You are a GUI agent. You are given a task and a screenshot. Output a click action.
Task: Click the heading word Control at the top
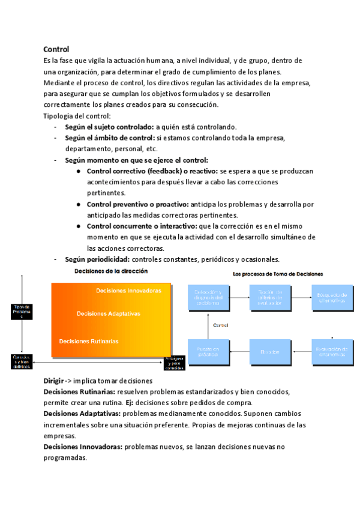(x=56, y=49)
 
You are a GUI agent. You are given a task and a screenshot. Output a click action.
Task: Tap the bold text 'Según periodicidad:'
(x=97, y=259)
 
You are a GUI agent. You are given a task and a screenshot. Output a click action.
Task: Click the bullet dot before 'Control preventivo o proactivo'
(x=79, y=204)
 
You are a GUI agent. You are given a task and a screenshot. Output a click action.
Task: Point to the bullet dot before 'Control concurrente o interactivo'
(x=79, y=226)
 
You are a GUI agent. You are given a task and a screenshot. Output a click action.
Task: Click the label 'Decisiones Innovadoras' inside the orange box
(x=128, y=291)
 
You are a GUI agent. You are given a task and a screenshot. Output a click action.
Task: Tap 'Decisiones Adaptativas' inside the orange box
(x=108, y=313)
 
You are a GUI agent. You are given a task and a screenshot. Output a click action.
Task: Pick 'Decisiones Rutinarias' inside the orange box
(x=89, y=341)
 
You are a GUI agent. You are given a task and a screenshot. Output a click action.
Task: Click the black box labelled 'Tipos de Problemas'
(x=22, y=311)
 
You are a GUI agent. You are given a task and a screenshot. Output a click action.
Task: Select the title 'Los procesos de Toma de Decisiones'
(x=278, y=274)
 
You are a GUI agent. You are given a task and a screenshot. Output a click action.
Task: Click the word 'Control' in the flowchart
(x=221, y=326)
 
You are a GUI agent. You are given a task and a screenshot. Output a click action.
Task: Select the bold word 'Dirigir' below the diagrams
(x=53, y=381)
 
